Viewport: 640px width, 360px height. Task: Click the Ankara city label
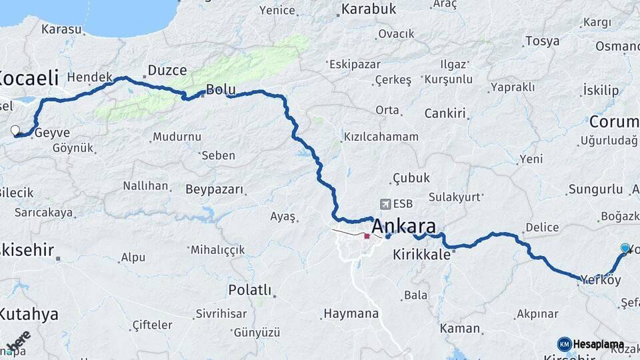coord(403,225)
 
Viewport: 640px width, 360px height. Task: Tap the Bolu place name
coord(221,89)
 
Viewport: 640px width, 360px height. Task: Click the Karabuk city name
coord(369,9)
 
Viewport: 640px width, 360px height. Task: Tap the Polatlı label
coord(250,290)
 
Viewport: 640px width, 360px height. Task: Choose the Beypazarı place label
coord(215,189)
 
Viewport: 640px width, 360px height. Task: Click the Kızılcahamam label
coord(381,137)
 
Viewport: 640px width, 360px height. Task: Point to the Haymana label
coord(351,313)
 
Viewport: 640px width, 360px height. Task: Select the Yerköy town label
coord(601,279)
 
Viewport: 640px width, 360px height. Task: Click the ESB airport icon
coord(385,204)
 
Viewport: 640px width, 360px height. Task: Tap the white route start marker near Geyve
coord(15,130)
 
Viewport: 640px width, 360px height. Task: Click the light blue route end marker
coord(625,248)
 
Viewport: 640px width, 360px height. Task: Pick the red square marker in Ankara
coord(367,236)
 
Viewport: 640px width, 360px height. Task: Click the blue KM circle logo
coord(564,344)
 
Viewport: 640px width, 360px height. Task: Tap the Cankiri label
coord(445,113)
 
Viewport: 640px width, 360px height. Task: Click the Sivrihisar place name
coord(221,313)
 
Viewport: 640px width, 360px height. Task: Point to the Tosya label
coord(542,41)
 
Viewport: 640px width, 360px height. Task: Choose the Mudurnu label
coord(177,137)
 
